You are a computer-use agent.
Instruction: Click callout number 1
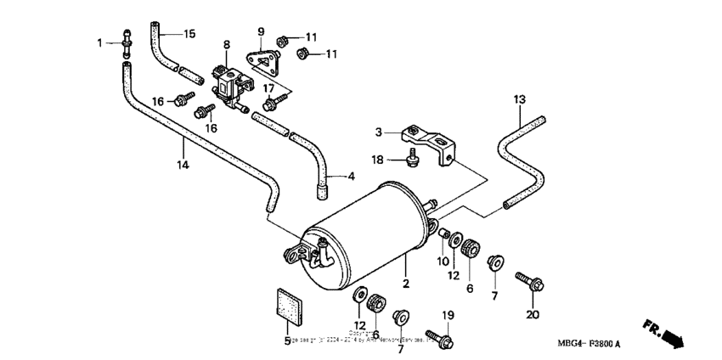click(99, 42)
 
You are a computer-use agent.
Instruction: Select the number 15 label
click(189, 34)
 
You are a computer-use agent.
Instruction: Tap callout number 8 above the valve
click(227, 44)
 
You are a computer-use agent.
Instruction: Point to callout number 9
click(261, 31)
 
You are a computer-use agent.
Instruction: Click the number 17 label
click(268, 87)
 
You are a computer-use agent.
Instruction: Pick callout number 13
click(519, 99)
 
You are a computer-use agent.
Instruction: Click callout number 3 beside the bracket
click(380, 132)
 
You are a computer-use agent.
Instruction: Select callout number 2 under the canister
click(406, 283)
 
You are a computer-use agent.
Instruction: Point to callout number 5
click(287, 340)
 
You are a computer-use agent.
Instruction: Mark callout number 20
click(533, 315)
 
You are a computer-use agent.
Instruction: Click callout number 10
click(443, 262)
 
